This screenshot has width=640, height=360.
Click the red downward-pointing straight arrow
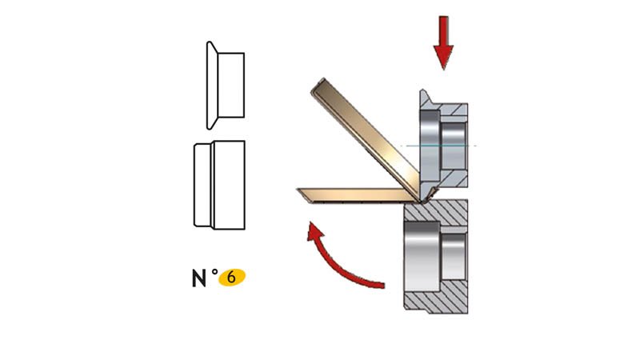[x=443, y=42]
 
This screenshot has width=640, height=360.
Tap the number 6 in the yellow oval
[x=231, y=278]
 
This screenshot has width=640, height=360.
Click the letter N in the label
[x=198, y=278]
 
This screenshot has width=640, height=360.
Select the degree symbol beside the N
[x=214, y=272]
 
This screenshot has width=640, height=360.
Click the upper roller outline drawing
[x=226, y=86]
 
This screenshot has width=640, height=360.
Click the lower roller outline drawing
[x=219, y=185]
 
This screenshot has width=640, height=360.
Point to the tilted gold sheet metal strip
[x=366, y=138]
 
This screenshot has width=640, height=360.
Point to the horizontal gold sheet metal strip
[x=358, y=195]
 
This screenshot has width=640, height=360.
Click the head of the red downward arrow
[x=443, y=57]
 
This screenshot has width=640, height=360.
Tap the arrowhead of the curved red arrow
[x=315, y=232]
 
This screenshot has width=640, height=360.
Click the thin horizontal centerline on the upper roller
[x=438, y=146]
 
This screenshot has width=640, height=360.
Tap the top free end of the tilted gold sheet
[x=318, y=85]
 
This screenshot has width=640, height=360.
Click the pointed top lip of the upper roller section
[x=424, y=96]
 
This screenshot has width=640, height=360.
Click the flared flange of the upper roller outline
[x=212, y=86]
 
